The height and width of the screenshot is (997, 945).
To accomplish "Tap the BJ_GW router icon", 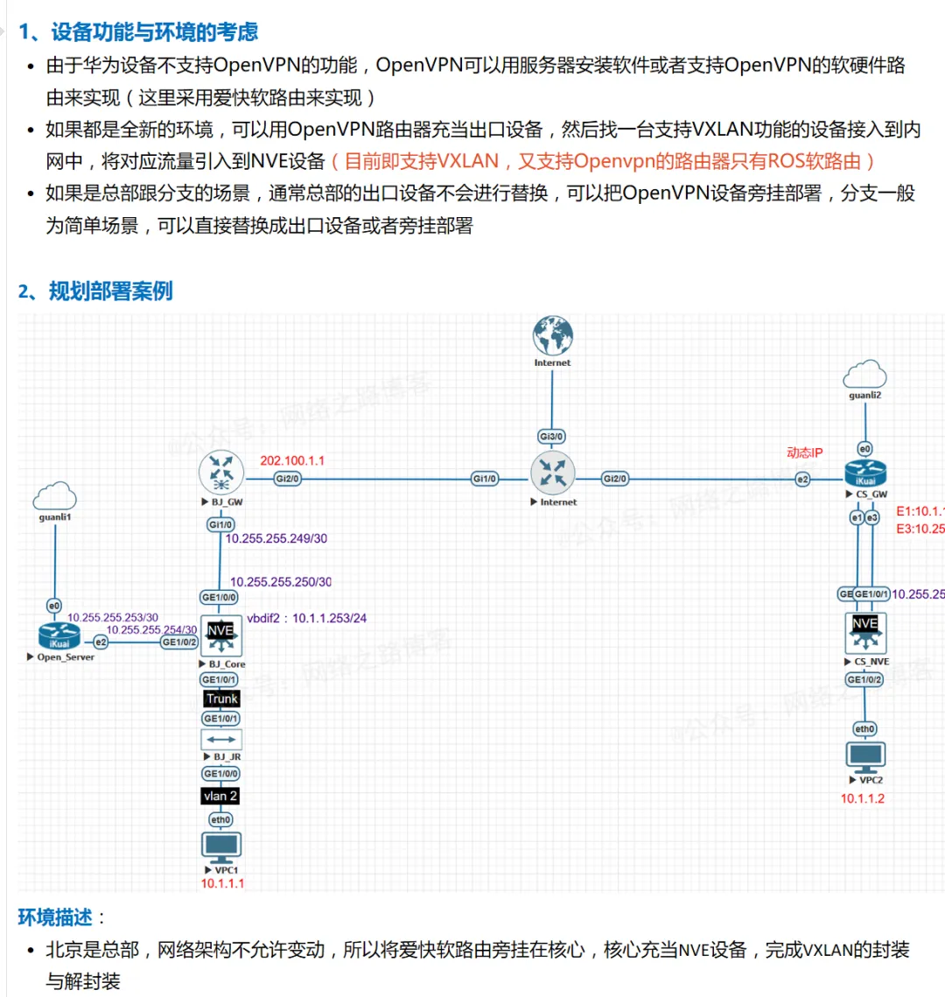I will pyautogui.click(x=220, y=474).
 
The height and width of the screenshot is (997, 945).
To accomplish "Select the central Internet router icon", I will pyautogui.click(x=552, y=474).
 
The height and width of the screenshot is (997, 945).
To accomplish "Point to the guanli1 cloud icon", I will pyautogui.click(x=55, y=497).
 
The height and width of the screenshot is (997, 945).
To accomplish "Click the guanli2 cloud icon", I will pyautogui.click(x=864, y=375).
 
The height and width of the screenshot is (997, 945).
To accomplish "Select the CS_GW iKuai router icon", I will pyautogui.click(x=865, y=474).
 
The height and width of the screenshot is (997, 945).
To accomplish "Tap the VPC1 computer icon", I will pyautogui.click(x=220, y=846).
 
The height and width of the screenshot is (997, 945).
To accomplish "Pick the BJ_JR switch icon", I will pyautogui.click(x=220, y=741).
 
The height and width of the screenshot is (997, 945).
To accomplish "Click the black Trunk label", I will pyautogui.click(x=221, y=699).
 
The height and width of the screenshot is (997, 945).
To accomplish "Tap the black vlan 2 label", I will pyautogui.click(x=220, y=796).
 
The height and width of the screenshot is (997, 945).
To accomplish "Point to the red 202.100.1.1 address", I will pyautogui.click(x=292, y=460).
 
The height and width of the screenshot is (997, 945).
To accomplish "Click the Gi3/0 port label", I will pyautogui.click(x=551, y=436).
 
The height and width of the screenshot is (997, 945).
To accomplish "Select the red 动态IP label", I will pyautogui.click(x=804, y=453).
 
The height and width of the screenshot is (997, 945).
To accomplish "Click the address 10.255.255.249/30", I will pyautogui.click(x=276, y=538).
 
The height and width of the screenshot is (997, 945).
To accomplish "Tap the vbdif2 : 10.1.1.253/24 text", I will pyautogui.click(x=306, y=618).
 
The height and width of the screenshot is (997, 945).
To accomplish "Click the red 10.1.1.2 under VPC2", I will pyautogui.click(x=863, y=798).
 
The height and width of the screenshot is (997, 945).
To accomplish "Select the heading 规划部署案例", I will pyautogui.click(x=110, y=291).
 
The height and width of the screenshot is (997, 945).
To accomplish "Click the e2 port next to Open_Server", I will pyautogui.click(x=101, y=642).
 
